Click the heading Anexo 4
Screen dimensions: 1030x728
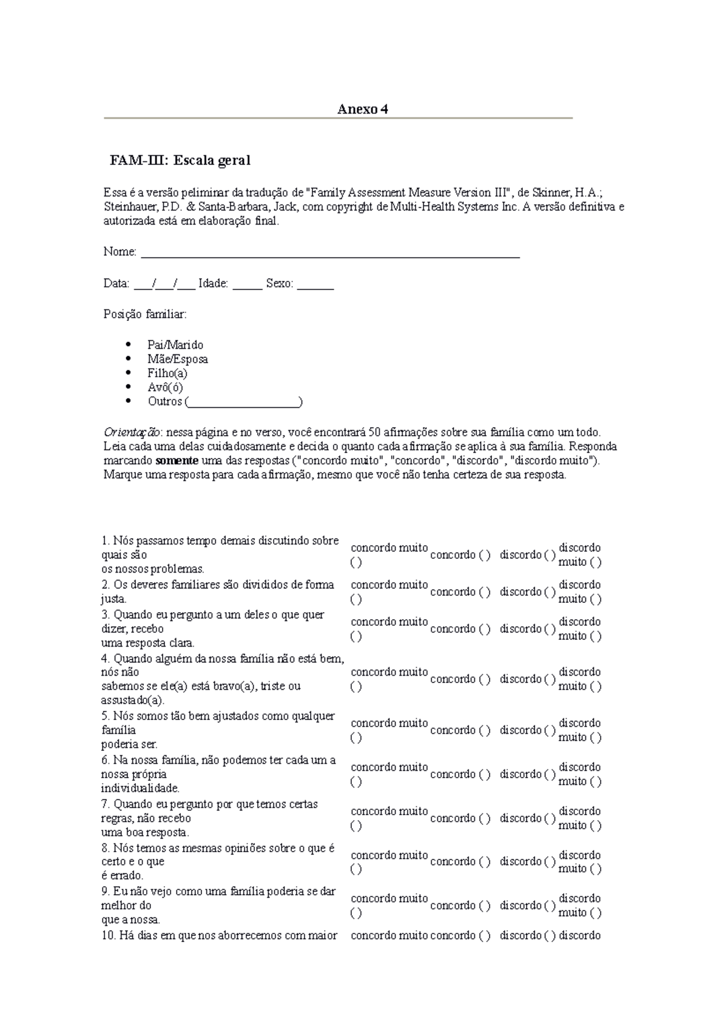click(x=362, y=109)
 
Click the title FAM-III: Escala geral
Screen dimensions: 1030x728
click(x=180, y=161)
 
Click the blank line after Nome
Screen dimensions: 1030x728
click(x=330, y=253)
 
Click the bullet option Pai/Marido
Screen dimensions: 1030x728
click(x=175, y=345)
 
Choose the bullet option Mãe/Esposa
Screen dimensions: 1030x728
click(x=177, y=359)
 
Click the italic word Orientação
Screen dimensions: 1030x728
click(x=132, y=433)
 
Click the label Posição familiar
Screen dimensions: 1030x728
click(x=145, y=315)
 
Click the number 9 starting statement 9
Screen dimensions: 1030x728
click(x=105, y=892)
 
